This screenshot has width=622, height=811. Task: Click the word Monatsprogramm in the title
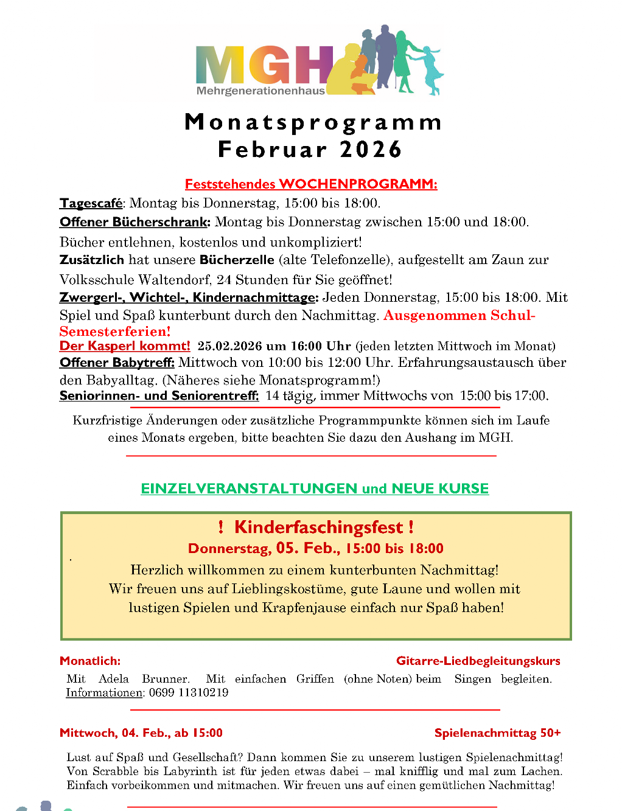[313, 122]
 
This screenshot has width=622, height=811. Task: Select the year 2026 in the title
[371, 150]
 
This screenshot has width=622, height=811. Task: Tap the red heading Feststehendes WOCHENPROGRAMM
[311, 184]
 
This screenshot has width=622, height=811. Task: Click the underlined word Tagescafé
[91, 203]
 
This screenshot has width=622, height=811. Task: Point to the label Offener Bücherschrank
[135, 222]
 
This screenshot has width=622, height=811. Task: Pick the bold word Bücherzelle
[237, 260]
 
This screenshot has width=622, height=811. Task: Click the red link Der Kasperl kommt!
[125, 346]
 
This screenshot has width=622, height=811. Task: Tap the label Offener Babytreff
[117, 363]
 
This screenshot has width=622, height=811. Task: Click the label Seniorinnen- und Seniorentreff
[159, 395]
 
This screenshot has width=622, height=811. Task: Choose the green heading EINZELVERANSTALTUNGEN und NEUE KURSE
[315, 489]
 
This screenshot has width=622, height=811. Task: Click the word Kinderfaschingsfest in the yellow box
[318, 527]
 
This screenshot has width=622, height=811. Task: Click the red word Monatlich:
[90, 661]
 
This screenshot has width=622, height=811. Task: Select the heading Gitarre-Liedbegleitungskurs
[478, 661]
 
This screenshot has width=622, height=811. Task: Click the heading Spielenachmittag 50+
[497, 733]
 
